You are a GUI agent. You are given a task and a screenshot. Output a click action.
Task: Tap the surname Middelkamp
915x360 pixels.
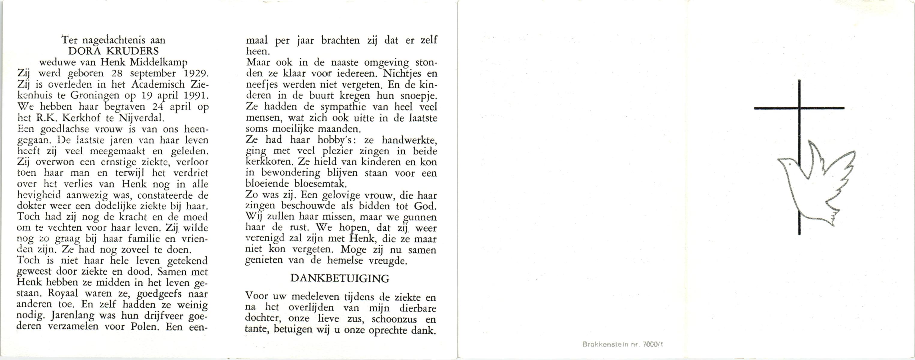[158, 63]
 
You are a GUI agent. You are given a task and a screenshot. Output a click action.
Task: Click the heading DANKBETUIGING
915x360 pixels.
[340, 279]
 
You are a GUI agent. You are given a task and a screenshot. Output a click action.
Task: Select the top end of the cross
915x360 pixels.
[799, 82]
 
